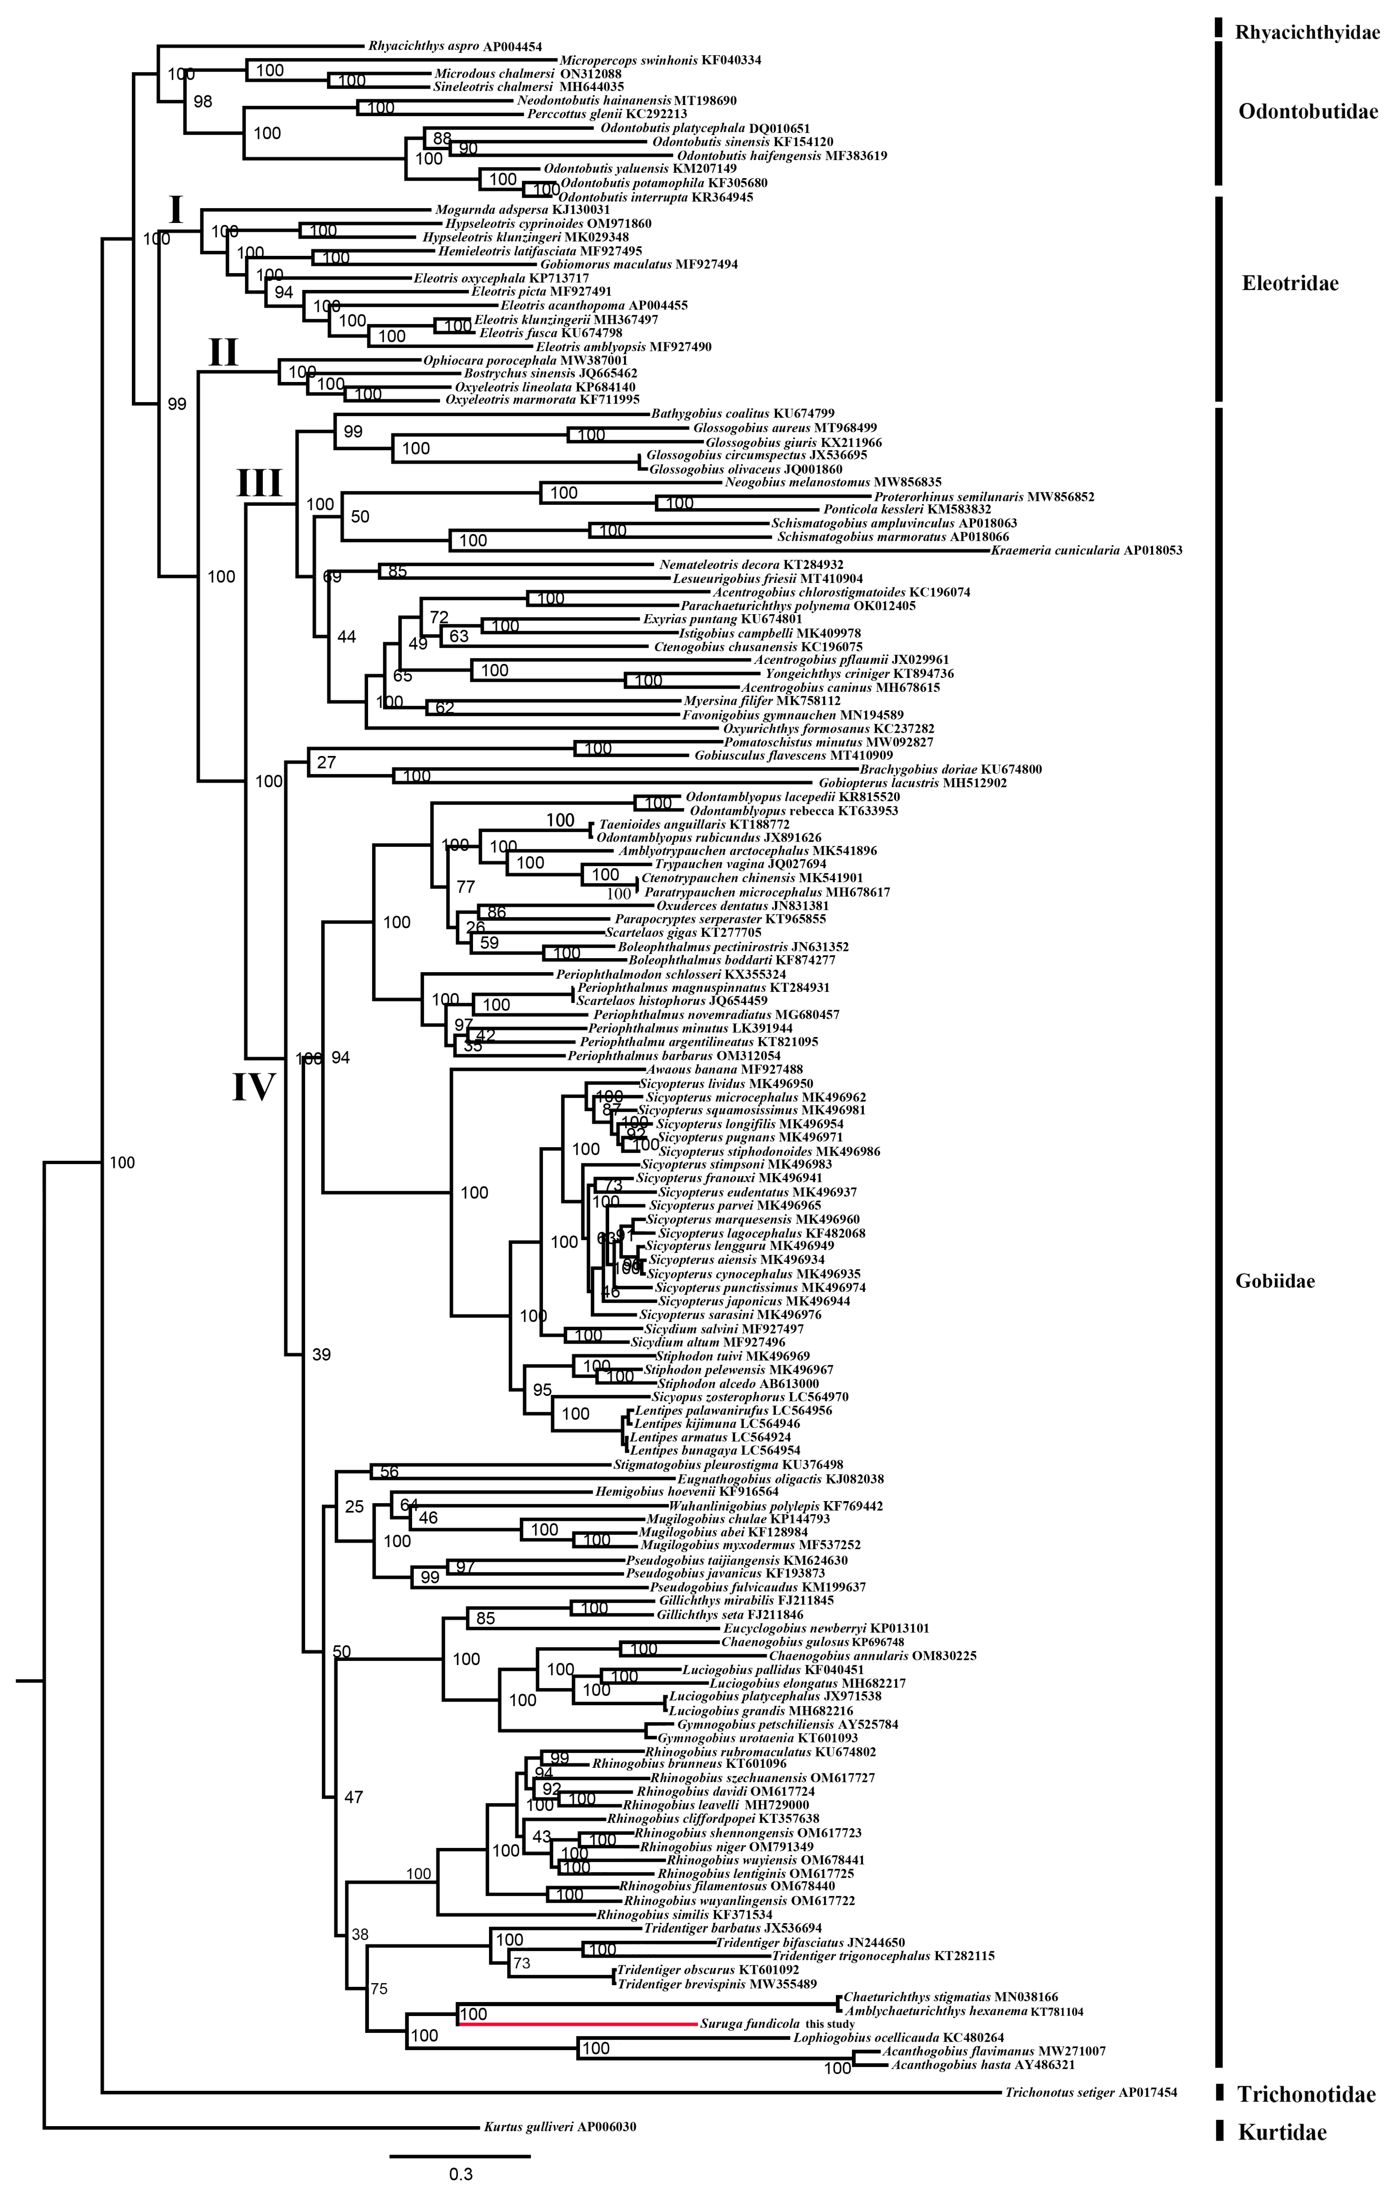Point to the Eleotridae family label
pyautogui.click(x=1289, y=283)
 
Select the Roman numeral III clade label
pyautogui.click(x=260, y=483)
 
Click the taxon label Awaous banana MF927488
pyautogui.click(x=724, y=1069)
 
